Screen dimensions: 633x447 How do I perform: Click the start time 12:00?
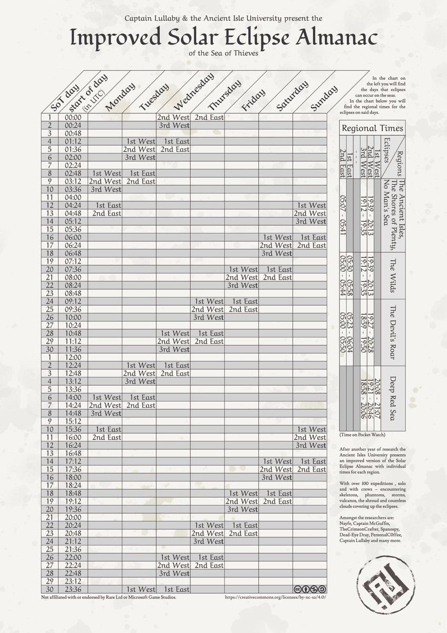point(72,357)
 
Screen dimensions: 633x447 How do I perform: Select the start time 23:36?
point(72,589)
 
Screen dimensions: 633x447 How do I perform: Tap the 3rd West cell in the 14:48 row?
point(105,413)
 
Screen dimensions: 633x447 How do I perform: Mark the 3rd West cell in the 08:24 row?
point(242,285)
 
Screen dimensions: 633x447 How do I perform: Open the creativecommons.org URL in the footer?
point(275,598)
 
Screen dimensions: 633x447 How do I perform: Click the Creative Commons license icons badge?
point(310,589)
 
